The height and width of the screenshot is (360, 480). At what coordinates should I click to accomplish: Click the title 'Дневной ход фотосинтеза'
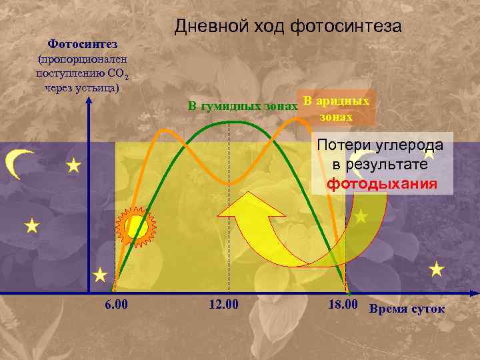288,27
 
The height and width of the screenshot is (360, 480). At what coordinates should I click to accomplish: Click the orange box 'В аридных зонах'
336,108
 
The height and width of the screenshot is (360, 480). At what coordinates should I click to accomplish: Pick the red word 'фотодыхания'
382,184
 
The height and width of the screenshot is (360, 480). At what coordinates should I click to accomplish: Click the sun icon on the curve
136,227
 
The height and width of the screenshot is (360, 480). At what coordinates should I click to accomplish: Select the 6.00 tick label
116,306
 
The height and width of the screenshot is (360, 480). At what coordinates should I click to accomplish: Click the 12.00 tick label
223,306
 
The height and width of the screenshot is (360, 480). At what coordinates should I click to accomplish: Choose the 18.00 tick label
344,306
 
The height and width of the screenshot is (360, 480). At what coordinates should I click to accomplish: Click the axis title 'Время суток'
407,309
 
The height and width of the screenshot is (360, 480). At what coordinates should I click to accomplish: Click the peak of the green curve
229,121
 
